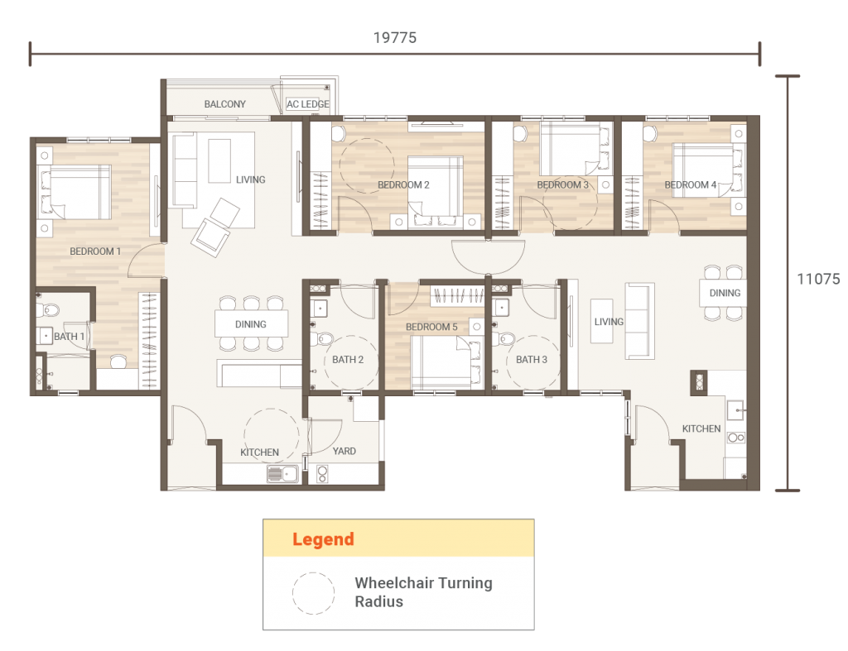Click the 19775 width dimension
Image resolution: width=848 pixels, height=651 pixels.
394,37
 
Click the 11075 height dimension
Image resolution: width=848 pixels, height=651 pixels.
818,280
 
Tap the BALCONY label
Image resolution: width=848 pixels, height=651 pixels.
224,104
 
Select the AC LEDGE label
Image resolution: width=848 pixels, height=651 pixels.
307,104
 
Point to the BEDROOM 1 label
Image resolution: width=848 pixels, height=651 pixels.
95,251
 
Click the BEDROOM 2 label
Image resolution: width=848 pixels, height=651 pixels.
403,185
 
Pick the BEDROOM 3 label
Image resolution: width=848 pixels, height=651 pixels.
562,185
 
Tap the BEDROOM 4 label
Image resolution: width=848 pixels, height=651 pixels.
691,185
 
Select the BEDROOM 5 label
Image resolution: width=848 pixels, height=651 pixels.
431,328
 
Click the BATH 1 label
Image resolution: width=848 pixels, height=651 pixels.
69,337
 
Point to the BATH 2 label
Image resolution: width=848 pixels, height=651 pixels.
348,360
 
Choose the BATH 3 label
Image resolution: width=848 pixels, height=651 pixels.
532,360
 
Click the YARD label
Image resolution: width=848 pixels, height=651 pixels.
344,452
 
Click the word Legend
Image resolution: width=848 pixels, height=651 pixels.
323,540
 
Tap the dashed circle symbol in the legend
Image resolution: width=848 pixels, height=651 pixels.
313,593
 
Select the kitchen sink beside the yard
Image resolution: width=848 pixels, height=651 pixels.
283,474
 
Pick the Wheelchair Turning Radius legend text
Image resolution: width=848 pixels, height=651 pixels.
423,592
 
